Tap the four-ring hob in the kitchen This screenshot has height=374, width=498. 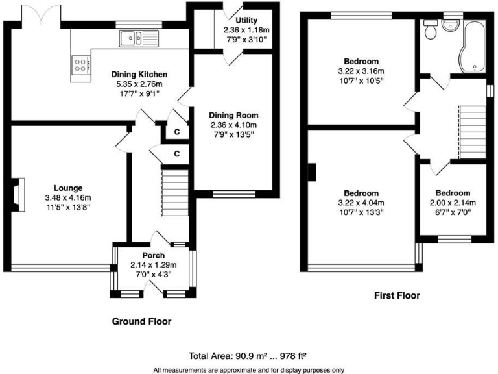(x=81, y=64)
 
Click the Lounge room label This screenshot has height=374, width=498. (x=68, y=188)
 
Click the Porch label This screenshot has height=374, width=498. (x=154, y=255)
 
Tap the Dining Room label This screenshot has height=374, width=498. (x=233, y=116)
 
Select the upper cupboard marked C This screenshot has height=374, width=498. (x=177, y=131)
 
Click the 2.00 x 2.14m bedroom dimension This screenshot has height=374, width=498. (x=453, y=203)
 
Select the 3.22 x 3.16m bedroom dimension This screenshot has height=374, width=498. (x=361, y=71)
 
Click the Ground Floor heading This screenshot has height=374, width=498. (x=142, y=321)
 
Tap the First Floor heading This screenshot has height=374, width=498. (x=397, y=295)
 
